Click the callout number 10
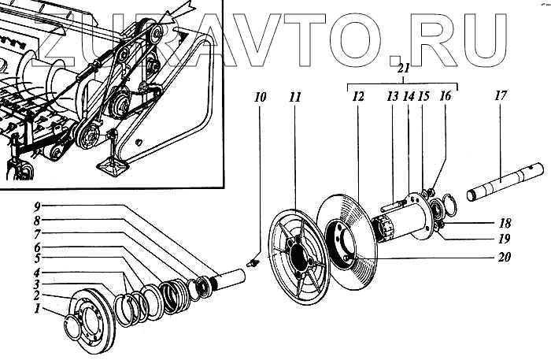click(x=261, y=98)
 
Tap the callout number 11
click(x=294, y=98)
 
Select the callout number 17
click(x=501, y=96)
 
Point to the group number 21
click(x=403, y=69)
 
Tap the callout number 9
click(x=37, y=206)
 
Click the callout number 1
click(x=37, y=310)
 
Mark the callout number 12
click(x=358, y=98)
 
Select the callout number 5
click(x=37, y=257)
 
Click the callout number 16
click(x=446, y=98)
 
